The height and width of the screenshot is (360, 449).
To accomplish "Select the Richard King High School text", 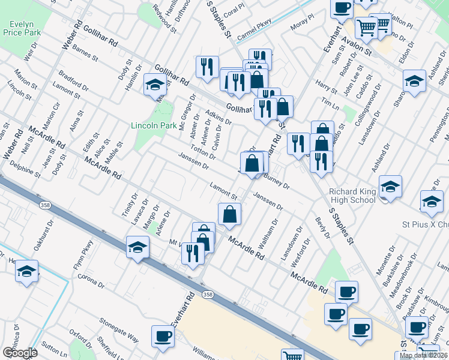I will click(352, 196).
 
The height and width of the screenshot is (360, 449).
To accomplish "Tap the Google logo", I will click(19, 353).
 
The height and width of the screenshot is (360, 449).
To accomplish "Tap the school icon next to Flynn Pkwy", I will click(137, 247).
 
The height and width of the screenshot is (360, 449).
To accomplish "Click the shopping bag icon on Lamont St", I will click(229, 214).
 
